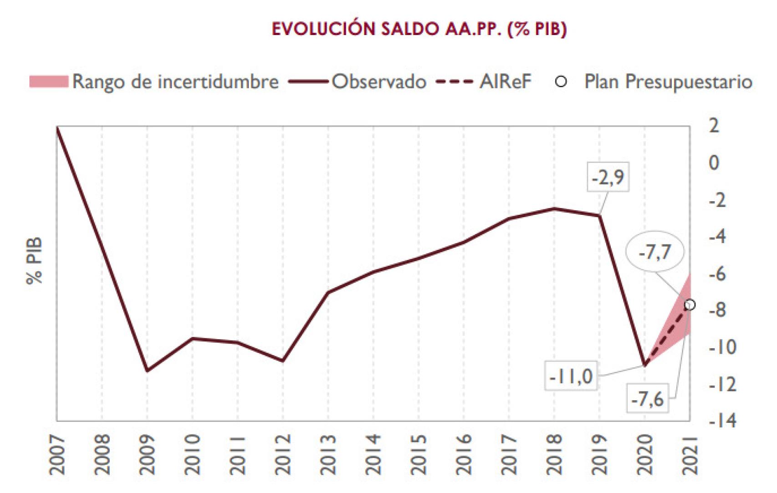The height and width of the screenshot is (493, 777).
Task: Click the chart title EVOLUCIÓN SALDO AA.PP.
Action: pyautogui.click(x=419, y=29)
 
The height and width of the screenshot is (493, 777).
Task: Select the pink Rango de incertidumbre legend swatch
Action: pyautogui.click(x=49, y=82)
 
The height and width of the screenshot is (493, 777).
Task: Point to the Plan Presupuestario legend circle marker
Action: pyautogui.click(x=562, y=82)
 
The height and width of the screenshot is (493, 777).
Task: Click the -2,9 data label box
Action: pyautogui.click(x=608, y=178)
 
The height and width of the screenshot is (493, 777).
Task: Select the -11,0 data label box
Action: pyautogui.click(x=571, y=377)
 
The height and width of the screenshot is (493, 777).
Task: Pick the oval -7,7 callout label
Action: pyautogui.click(x=655, y=252)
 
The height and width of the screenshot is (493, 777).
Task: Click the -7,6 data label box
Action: pyautogui.click(x=647, y=400)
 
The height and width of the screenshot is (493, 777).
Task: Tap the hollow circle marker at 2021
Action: pyautogui.click(x=690, y=305)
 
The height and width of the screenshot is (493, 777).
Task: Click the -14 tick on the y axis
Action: pyautogui.click(x=722, y=421)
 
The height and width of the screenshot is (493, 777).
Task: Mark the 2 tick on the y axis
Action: pyautogui.click(x=714, y=126)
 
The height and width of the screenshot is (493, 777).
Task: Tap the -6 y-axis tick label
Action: pyautogui.click(x=722, y=274)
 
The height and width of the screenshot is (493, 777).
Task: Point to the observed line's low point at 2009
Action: pyautogui.click(x=147, y=371)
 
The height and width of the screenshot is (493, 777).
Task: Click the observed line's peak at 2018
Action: pyautogui.click(x=554, y=208)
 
